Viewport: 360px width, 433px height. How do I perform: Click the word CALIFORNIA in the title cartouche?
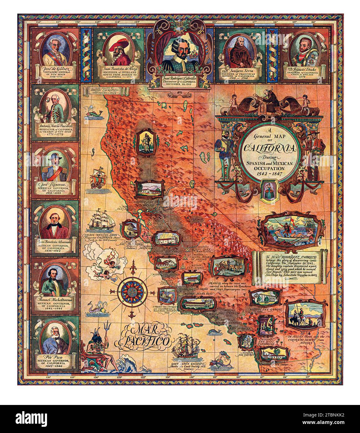[270, 148]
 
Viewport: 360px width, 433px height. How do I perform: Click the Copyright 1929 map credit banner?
[104, 91]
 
